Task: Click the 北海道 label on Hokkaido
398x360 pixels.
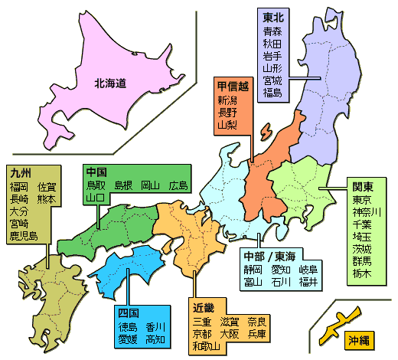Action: (109, 82)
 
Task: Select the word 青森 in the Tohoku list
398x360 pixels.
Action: (272, 31)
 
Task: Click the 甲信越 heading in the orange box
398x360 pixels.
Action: (231, 86)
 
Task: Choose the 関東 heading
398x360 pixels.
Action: (363, 186)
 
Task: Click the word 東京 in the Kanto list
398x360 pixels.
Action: (362, 200)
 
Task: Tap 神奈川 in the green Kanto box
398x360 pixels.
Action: (367, 212)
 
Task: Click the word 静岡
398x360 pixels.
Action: (253, 270)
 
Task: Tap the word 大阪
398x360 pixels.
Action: (229, 335)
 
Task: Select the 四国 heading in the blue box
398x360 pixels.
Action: (128, 313)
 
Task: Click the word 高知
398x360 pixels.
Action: (156, 339)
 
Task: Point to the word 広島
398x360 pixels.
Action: (178, 185)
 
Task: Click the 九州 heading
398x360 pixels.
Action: (20, 172)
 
